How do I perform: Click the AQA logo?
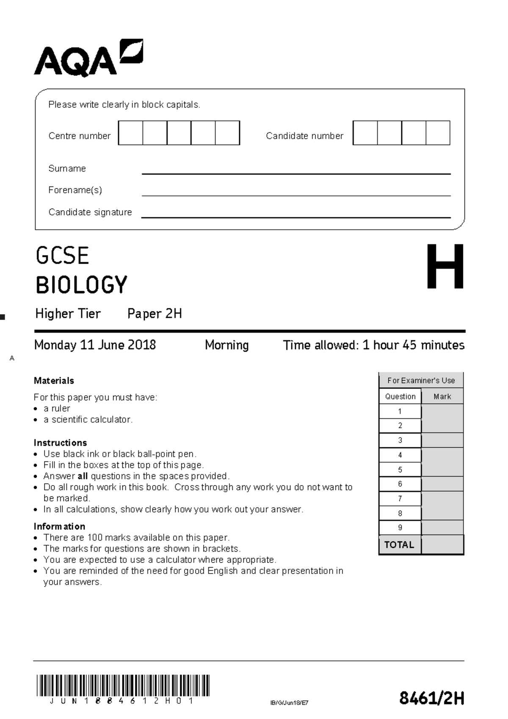pos(88,58)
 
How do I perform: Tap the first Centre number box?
pos(130,133)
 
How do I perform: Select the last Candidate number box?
pos(438,133)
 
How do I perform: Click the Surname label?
pos(67,169)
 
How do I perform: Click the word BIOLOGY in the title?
pos(81,285)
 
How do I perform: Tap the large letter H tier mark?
pos(444,267)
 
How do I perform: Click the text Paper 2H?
pos(155,314)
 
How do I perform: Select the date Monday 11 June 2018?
pos(95,345)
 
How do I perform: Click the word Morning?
pos(226,345)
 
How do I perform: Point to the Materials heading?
pos(54,381)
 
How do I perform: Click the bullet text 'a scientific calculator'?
pos(88,420)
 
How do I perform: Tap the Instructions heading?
pos(60,443)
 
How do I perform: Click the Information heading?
pos(59,527)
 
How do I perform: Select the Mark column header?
pos(442,397)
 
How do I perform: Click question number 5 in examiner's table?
pos(400,470)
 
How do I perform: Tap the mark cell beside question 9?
pos(442,528)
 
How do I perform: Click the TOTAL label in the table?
pos(399,545)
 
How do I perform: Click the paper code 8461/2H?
pos(431,698)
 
